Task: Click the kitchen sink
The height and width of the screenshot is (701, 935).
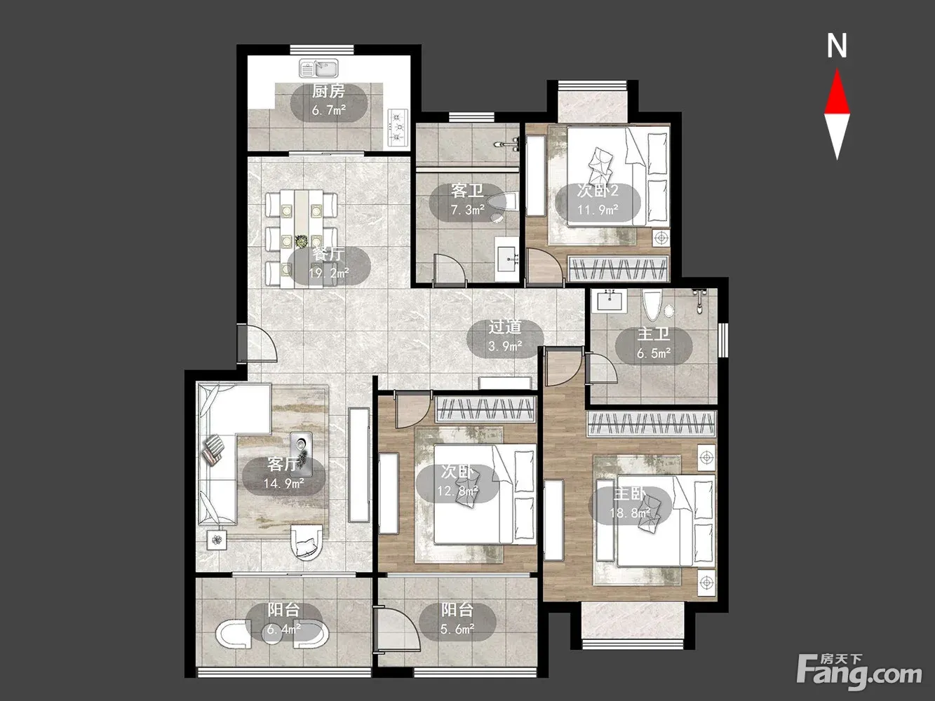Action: click(x=318, y=68)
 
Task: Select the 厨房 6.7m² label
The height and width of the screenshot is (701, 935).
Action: click(x=329, y=100)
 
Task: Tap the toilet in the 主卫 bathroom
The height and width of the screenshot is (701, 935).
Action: click(x=652, y=304)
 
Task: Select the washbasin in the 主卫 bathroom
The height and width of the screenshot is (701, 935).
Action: click(x=610, y=301)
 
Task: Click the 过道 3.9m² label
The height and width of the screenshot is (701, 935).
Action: click(x=505, y=336)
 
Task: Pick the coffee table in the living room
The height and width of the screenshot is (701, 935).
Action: click(x=301, y=454)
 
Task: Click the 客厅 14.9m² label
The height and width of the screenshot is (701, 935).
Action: click(x=283, y=474)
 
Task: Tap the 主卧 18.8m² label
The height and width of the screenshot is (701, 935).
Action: click(x=630, y=504)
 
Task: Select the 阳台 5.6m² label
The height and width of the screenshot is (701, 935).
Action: click(x=457, y=620)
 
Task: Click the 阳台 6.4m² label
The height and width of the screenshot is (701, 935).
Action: click(x=283, y=620)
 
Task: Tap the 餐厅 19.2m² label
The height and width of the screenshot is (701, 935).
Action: click(x=329, y=264)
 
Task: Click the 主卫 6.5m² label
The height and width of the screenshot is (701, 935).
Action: click(x=654, y=344)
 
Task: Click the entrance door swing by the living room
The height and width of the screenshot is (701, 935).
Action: click(x=262, y=343)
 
